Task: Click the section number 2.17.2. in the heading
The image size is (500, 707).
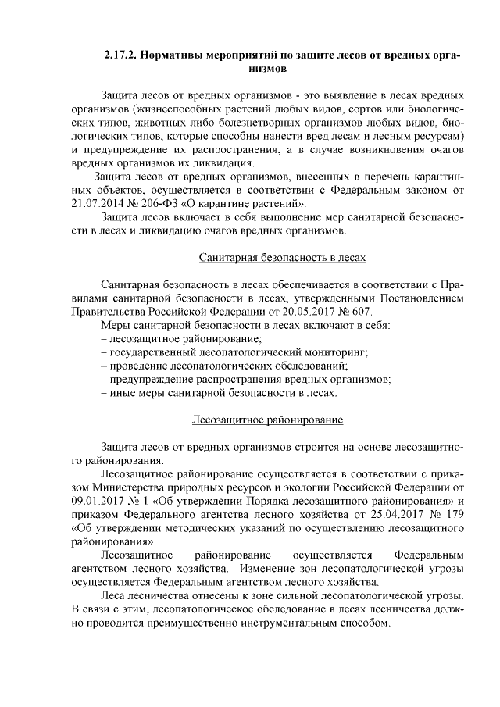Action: point(122,56)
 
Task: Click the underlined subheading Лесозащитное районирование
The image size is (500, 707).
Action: point(268,420)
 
